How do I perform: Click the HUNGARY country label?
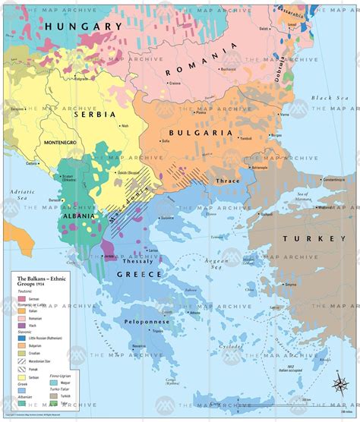[x=84, y=26]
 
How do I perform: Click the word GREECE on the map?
[x=138, y=274]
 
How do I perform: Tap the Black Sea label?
[x=328, y=99]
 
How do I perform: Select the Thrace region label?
[x=228, y=181]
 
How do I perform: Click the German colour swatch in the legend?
[x=22, y=299]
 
